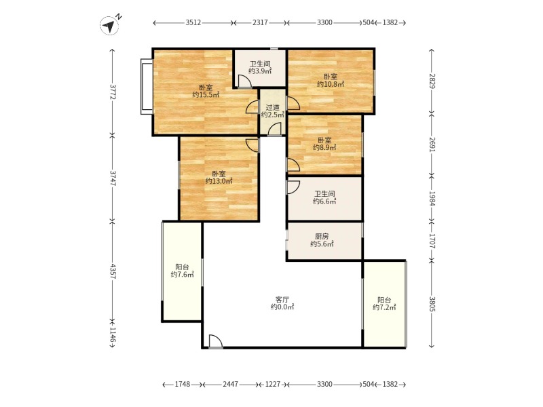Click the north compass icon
(110, 25)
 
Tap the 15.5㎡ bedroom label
(206, 91)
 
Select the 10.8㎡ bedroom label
(331, 80)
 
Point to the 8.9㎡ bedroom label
(324, 144)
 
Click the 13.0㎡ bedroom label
(219, 177)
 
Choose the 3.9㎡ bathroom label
(260, 67)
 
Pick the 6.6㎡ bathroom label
(324, 197)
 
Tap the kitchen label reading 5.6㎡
(322, 240)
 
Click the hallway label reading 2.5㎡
(273, 111)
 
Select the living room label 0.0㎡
(282, 303)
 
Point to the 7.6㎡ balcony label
(182, 271)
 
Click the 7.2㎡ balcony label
(384, 303)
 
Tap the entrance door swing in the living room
(216, 342)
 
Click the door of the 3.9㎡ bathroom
(245, 81)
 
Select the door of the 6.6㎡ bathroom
(293, 187)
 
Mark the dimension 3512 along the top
(193, 23)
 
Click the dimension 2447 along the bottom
(230, 384)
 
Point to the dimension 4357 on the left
(113, 271)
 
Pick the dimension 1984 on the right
(432, 198)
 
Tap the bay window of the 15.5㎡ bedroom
(147, 87)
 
